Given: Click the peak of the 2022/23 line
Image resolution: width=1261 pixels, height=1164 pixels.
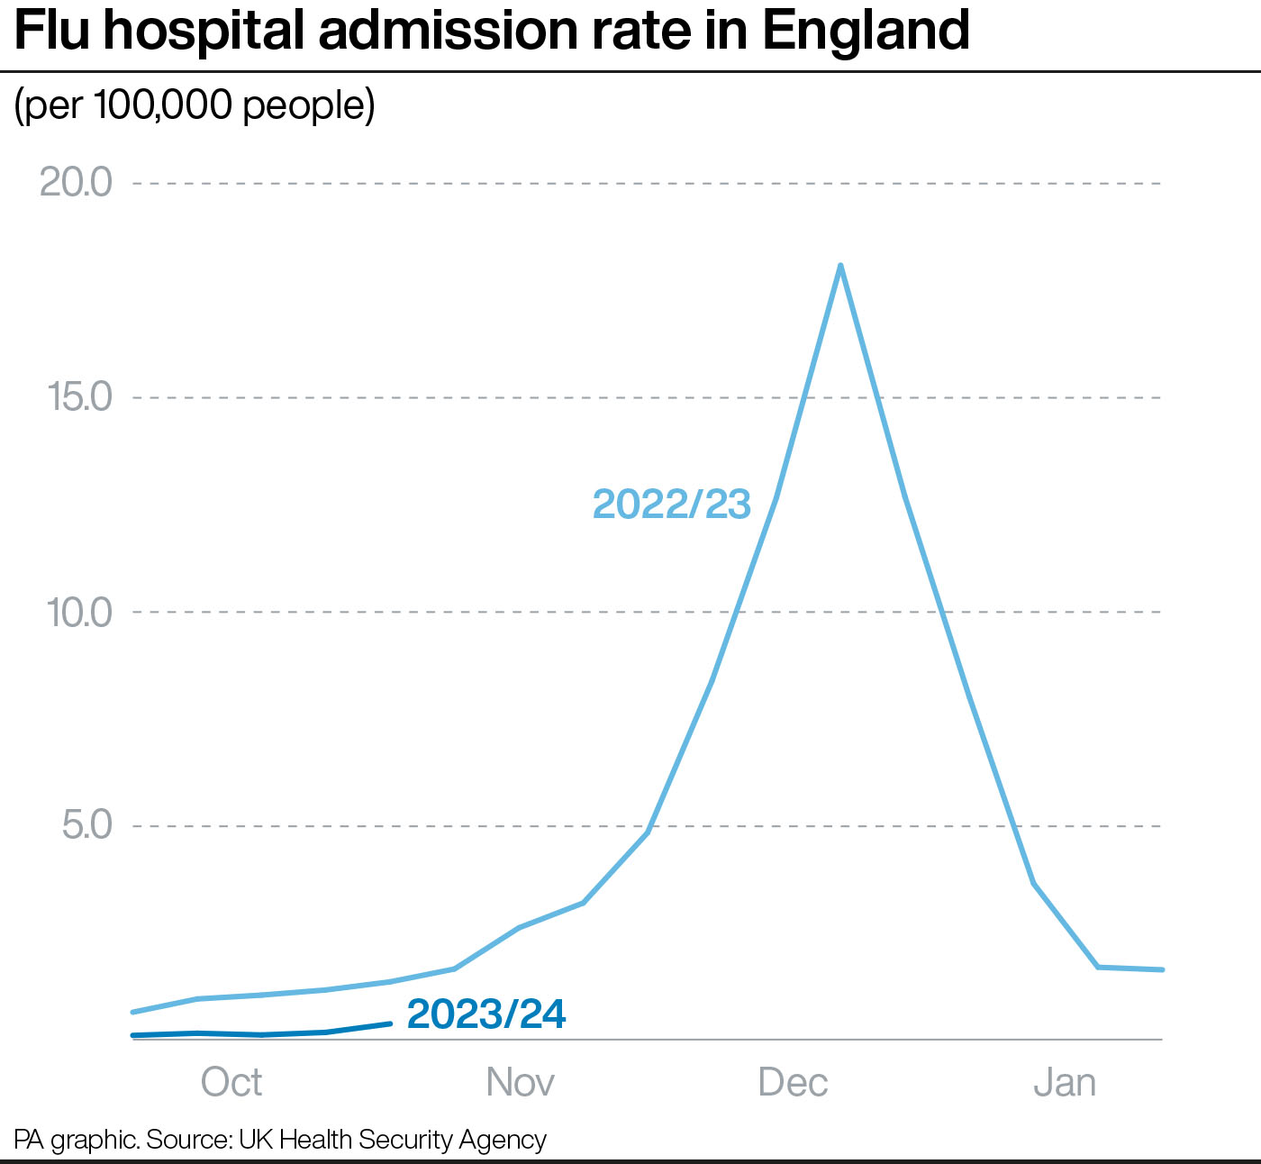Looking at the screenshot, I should [x=840, y=267].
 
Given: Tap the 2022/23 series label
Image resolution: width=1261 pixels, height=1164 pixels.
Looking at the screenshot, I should [x=671, y=505].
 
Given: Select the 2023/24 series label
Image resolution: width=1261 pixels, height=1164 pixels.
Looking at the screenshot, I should [x=486, y=1014].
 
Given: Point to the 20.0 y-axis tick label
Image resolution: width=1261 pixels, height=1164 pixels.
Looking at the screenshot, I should [x=76, y=183].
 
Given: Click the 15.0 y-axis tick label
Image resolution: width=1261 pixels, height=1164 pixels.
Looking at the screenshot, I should [x=79, y=397].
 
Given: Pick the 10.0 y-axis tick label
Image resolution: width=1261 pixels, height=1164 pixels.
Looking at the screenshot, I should [x=79, y=613].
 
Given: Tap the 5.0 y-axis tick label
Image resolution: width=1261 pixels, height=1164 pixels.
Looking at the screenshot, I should [x=87, y=825].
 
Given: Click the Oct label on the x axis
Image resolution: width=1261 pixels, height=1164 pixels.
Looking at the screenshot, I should [x=231, y=1082].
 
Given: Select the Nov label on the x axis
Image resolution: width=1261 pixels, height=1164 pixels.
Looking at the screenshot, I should [x=520, y=1082].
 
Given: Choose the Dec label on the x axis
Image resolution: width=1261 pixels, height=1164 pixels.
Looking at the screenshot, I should [x=793, y=1082].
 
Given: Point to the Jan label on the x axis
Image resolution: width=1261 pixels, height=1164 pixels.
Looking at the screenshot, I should [x=1065, y=1082].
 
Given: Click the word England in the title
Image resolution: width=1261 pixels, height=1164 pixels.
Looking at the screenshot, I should [x=866, y=31].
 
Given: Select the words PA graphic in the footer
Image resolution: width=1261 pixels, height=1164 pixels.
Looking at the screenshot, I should [x=76, y=1140].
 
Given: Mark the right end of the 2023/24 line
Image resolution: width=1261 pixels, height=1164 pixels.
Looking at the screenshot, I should [x=390, y=1023].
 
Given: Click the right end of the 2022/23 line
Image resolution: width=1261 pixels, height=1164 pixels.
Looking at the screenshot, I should [x=1162, y=969].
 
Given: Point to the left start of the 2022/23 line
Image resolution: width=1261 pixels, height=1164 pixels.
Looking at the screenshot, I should [x=133, y=1012].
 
